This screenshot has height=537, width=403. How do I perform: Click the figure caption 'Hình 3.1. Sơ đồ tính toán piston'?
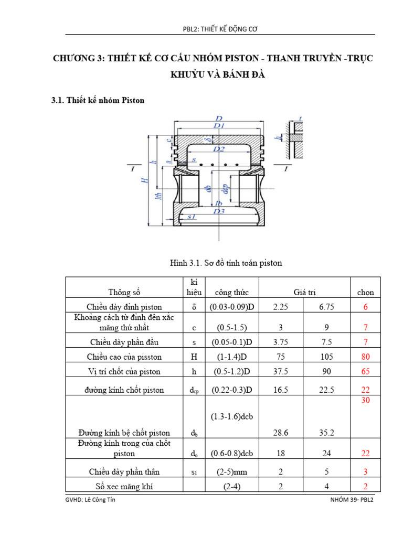point(226,263)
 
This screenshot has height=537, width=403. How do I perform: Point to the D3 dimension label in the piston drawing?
point(219,211)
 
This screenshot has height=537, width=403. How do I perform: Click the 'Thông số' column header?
point(125,293)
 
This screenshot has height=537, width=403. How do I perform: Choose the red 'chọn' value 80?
point(366,357)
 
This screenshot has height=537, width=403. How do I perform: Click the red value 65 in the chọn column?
point(366,371)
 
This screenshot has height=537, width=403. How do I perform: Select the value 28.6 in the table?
point(281,433)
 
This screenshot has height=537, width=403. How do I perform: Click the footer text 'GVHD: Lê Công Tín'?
point(88,500)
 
